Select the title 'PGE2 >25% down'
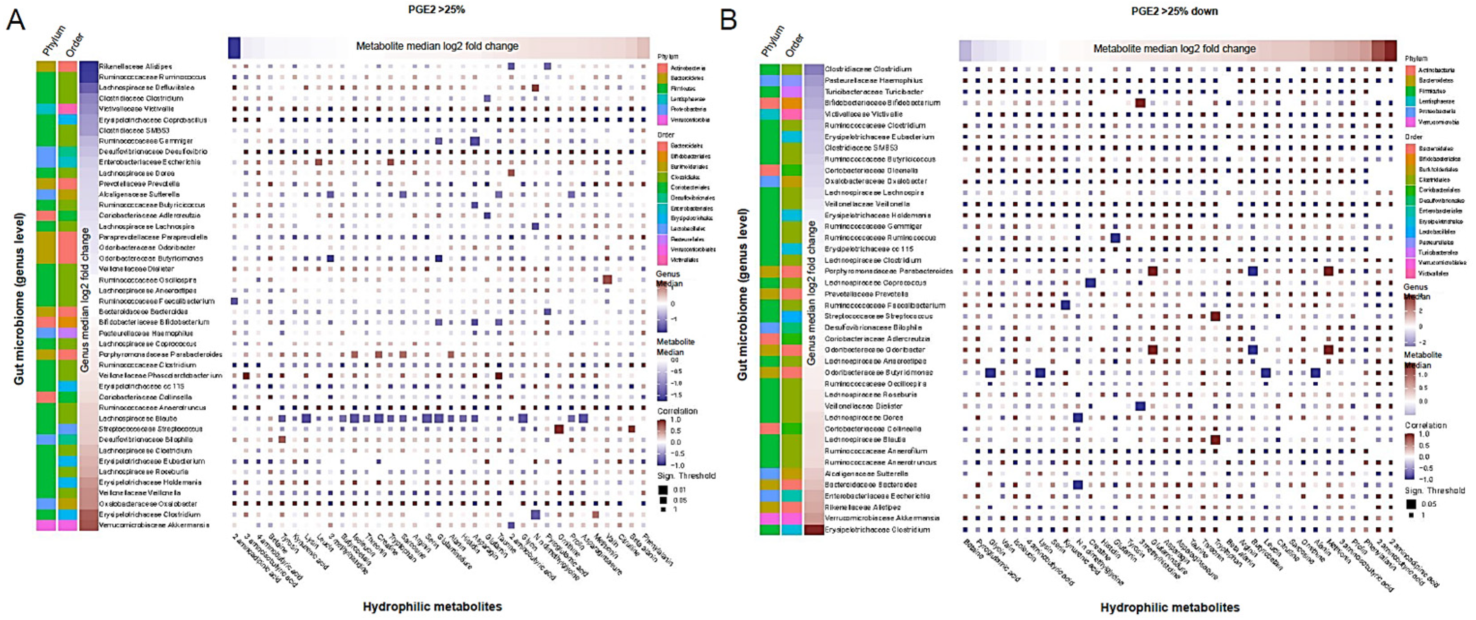[x=1175, y=11]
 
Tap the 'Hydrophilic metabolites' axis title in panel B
[x=1170, y=607]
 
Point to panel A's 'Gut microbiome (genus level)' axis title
[x=19, y=299]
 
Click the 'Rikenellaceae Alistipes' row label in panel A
[x=135, y=66]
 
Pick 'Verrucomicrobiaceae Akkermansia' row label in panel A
[x=154, y=525]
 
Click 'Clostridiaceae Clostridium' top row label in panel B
[x=868, y=69]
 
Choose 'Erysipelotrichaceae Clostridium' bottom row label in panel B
[x=877, y=530]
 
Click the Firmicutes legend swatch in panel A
[x=663, y=89]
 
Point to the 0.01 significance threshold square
[x=663, y=490]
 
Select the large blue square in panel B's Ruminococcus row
[x=1115, y=238]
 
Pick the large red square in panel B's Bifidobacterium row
[x=1140, y=103]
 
